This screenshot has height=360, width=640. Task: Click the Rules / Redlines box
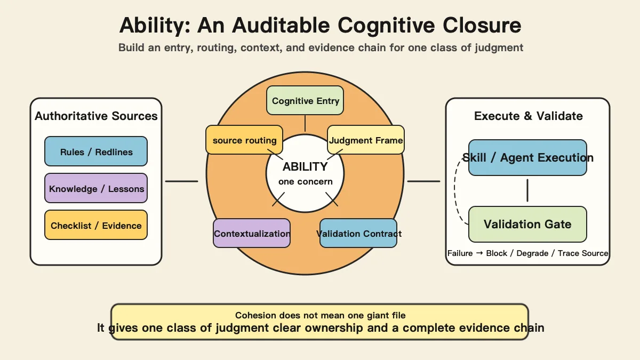(x=96, y=151)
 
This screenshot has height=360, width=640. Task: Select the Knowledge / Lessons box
(x=96, y=188)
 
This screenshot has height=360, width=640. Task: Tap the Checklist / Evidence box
(x=96, y=225)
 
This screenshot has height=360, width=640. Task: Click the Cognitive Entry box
(x=305, y=100)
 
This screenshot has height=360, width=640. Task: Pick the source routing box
(x=244, y=140)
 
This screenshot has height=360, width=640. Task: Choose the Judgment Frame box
(x=366, y=140)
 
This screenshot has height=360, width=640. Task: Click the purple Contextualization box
(x=252, y=233)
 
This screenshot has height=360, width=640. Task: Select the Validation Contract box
(x=358, y=233)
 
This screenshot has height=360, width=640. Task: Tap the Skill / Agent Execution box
(x=527, y=157)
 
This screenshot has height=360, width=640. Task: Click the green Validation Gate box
(x=527, y=225)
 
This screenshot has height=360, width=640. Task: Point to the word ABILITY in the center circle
(x=305, y=166)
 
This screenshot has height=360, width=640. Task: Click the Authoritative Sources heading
(x=96, y=116)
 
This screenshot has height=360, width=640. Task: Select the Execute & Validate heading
(x=529, y=116)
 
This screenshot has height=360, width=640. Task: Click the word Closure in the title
(x=482, y=25)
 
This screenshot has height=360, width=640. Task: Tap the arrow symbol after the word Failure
(x=479, y=253)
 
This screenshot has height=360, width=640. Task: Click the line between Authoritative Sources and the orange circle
(x=181, y=181)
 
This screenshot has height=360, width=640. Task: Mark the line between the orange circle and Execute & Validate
(x=423, y=181)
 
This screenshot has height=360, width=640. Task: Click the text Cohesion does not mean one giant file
(x=321, y=315)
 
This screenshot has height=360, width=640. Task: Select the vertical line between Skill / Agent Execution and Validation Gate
(x=527, y=190)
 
